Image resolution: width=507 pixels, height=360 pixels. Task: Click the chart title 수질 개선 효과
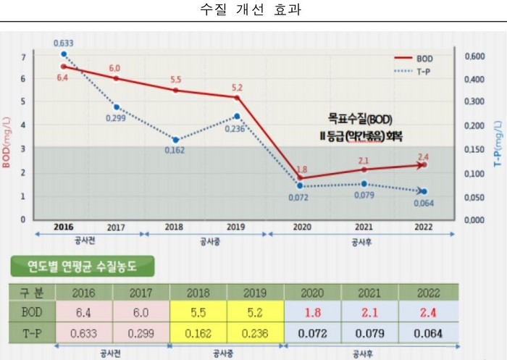253,11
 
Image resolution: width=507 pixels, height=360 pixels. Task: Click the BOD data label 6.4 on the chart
62,78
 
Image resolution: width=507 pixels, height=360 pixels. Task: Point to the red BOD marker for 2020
300,177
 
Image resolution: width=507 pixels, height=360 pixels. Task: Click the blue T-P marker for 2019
238,117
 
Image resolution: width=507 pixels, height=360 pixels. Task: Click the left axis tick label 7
23,56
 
